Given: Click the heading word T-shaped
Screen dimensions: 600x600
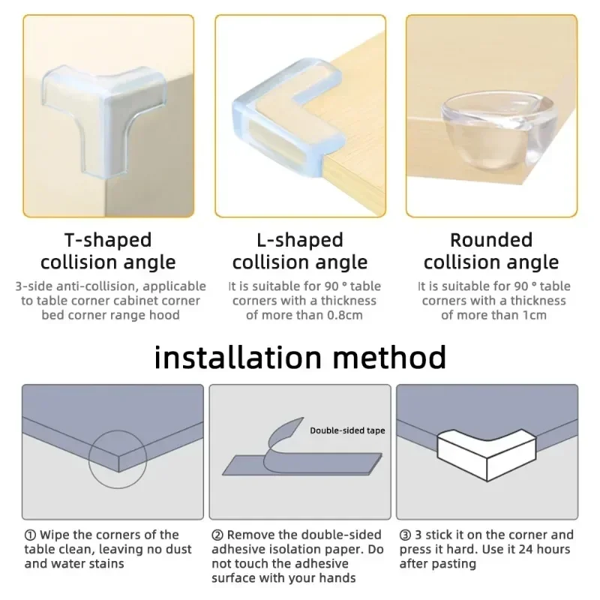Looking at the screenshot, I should click(x=107, y=241).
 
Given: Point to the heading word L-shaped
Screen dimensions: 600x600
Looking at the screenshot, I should click(x=299, y=241).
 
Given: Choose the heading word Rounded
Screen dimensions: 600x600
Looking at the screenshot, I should click(x=490, y=241).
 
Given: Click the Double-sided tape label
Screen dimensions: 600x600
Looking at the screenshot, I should click(x=347, y=430).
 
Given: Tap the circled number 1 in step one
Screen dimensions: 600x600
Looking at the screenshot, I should click(x=29, y=535).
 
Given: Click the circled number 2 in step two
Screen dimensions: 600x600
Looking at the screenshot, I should click(x=217, y=535).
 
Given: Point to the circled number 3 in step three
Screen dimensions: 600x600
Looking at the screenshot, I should click(x=404, y=535).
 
